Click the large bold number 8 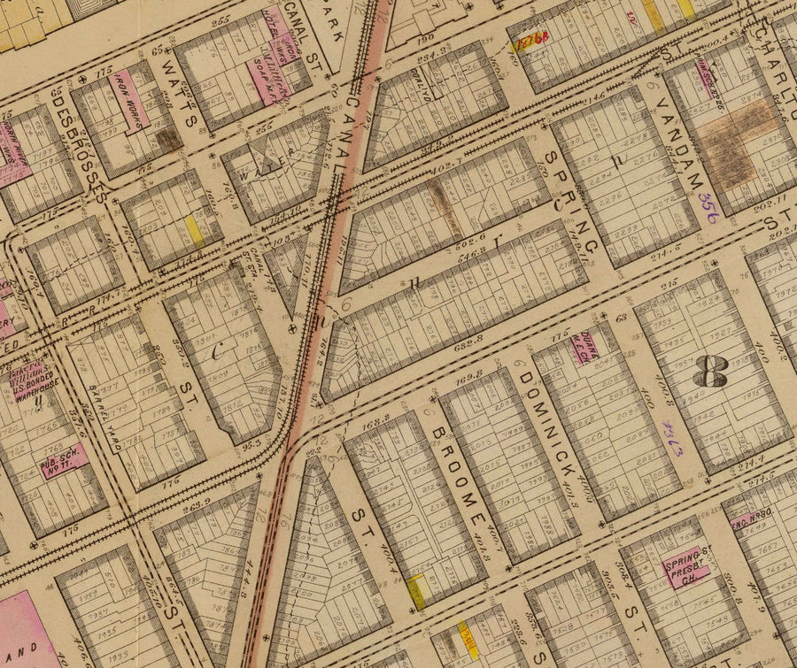click(709, 372)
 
